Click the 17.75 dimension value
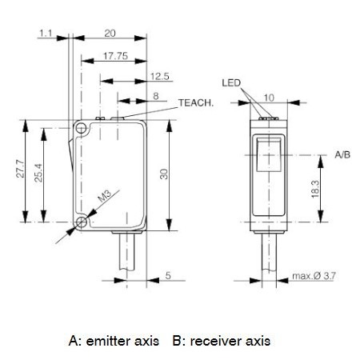coord(115,56)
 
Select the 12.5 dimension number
coord(160,76)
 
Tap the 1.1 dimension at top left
coord(46,34)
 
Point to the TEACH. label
coord(196,102)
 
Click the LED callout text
coord(231,83)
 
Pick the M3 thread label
coord(104,196)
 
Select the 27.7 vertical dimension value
coord(20,169)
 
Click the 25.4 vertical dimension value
coord(38,173)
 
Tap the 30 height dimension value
coord(164,174)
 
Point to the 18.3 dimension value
coord(315,189)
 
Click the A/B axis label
coord(342,154)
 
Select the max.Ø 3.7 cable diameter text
coord(314,276)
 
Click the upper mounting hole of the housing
coord(81,129)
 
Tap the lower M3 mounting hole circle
coord(82,222)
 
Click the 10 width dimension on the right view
coord(269,98)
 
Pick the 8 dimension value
coord(156,96)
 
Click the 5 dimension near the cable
coord(168,275)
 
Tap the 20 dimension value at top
coord(110,34)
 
